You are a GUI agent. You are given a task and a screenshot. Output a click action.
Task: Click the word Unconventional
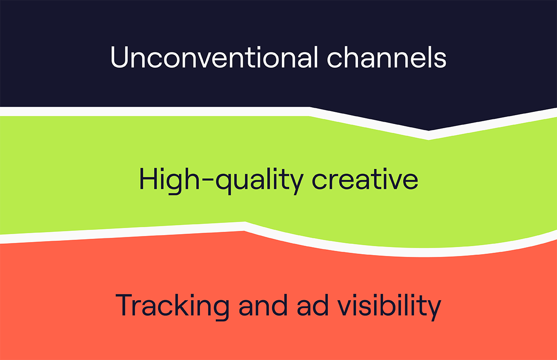[x=214, y=57]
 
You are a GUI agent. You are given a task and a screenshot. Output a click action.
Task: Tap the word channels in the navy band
[x=387, y=57]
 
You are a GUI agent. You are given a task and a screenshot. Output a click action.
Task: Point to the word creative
[x=365, y=179]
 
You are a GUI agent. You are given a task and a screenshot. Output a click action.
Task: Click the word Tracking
[x=172, y=307]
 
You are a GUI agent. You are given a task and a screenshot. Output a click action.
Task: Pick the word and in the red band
[x=263, y=305]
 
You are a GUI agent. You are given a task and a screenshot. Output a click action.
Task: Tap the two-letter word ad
[x=312, y=305]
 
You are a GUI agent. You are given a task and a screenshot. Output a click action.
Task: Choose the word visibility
[x=389, y=307]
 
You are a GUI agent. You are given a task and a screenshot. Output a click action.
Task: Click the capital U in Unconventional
[x=119, y=57]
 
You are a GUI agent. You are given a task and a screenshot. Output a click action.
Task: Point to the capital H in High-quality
[x=149, y=179]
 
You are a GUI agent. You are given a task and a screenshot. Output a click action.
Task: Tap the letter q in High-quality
[x=224, y=184]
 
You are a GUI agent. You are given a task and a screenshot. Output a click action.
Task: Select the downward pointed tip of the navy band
[x=428, y=130]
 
